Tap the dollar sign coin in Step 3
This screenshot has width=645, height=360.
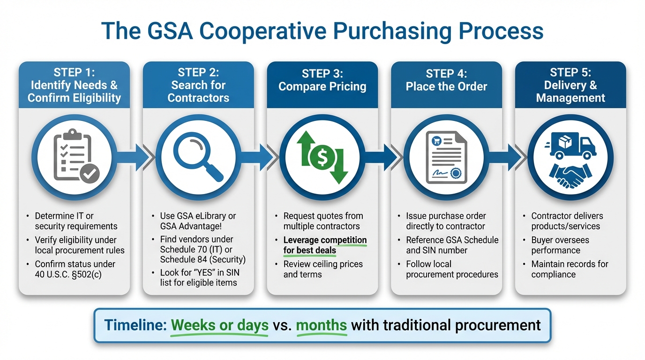(322, 158)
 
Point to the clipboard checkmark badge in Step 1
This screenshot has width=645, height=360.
(89, 174)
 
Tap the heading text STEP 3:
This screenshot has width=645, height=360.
(322, 74)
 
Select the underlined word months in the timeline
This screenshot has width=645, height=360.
(322, 325)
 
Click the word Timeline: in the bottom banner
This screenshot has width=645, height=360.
(135, 325)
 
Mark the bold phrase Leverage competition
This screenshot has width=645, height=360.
(325, 240)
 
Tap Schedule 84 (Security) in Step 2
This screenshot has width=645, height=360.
(202, 259)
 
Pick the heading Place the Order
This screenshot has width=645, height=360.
(446, 87)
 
